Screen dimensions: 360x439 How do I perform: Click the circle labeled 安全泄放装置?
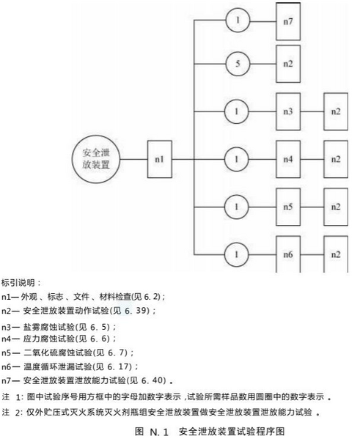click(96, 159)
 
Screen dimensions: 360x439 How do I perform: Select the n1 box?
click(160, 159)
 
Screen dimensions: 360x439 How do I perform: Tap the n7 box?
click(288, 21)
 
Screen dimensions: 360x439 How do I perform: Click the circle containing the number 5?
click(238, 64)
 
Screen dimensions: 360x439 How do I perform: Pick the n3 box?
click(288, 111)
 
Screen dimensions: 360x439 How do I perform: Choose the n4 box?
click(288, 159)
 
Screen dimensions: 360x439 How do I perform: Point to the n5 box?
click(288, 207)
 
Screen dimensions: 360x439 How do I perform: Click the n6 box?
click(288, 254)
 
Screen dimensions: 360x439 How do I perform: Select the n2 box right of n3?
click(336, 111)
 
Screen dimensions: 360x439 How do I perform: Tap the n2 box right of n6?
click(336, 254)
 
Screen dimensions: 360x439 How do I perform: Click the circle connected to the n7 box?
click(238, 21)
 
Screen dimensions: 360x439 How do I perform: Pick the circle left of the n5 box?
click(236, 207)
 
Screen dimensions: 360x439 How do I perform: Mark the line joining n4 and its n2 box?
click(312, 159)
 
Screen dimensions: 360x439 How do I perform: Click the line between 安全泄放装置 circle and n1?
click(134, 159)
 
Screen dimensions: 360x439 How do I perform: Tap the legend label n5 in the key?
click(7, 353)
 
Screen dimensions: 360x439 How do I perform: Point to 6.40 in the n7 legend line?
click(153, 380)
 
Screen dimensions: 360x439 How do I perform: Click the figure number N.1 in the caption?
click(159, 432)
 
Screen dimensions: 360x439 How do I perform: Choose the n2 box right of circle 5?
click(288, 64)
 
